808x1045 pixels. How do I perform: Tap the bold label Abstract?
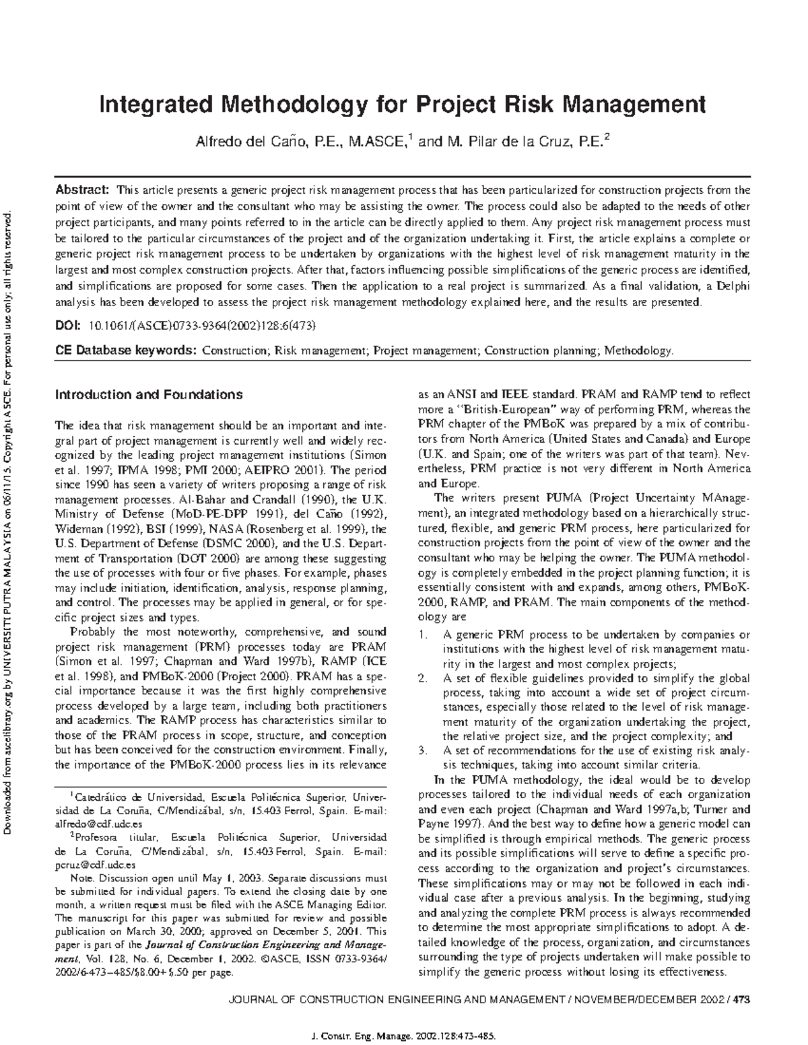click(x=81, y=190)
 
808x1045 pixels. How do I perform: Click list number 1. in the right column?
click(x=422, y=634)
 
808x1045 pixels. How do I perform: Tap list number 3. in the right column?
click(x=422, y=750)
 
